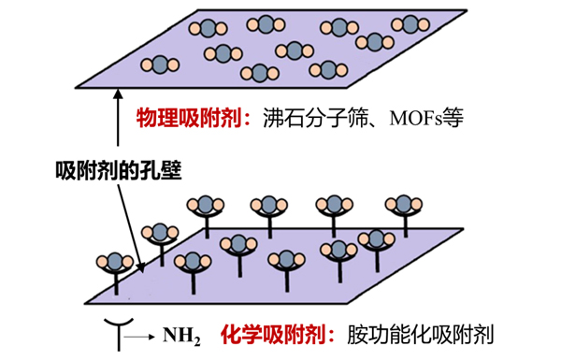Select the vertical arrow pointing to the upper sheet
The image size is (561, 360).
[x=119, y=122]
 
